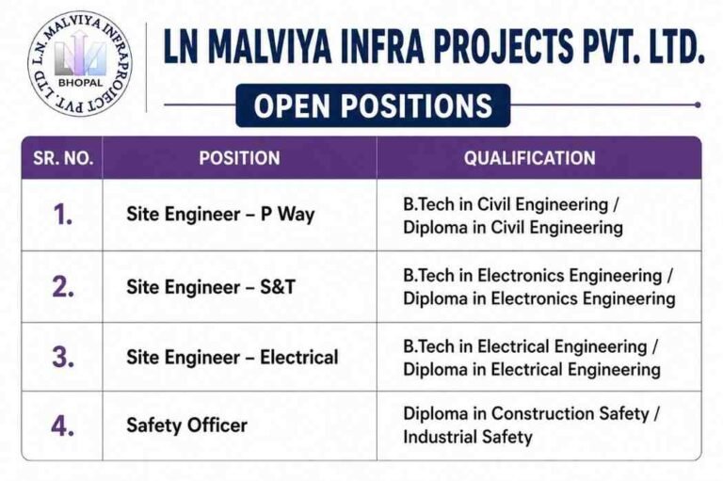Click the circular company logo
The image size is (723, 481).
coord(80,63)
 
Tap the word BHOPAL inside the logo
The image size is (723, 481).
coord(81,83)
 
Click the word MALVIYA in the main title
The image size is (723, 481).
coord(273,46)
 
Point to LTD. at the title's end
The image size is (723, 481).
coord(676,46)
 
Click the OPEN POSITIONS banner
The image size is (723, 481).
coord(373,105)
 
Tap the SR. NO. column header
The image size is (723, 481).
coord(63,158)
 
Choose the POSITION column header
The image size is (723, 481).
coord(239,158)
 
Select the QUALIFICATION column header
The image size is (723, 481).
coord(529,158)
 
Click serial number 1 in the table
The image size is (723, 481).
coord(63,215)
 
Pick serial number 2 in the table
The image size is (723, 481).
coord(63,286)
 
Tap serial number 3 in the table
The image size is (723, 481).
coord(63,357)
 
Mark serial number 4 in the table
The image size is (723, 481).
coord(63,425)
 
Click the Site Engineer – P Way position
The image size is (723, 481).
coord(220,215)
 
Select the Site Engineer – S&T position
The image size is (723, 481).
coord(211,287)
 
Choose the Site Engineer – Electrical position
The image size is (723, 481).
coord(233,358)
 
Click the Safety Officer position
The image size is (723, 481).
coord(186,425)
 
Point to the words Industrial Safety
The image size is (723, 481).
coord(468,437)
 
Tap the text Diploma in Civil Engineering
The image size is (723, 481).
coord(513,228)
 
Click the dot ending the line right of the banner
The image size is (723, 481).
coord(698,105)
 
